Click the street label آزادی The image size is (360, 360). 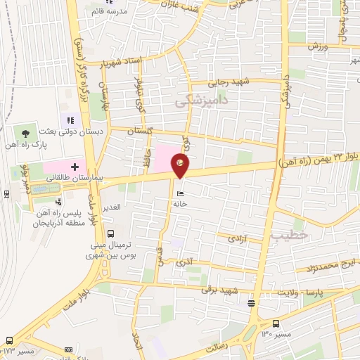(237, 240)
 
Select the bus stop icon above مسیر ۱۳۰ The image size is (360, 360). (275, 324)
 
